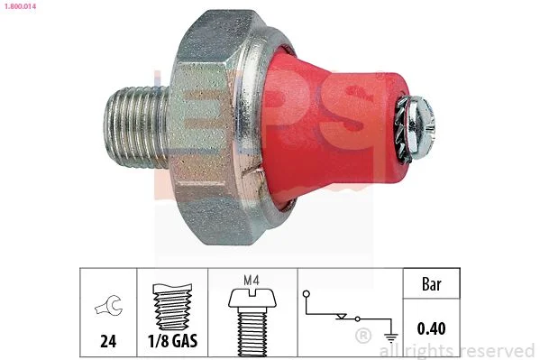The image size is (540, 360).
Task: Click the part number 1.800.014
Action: [x=20, y=5]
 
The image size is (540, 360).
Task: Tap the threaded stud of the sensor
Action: [x=137, y=126]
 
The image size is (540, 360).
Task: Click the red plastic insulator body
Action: [x=331, y=127]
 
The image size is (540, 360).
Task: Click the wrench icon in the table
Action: [x=109, y=305]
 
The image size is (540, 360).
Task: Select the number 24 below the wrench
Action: [x=108, y=341]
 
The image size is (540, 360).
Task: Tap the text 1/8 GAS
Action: [x=172, y=341]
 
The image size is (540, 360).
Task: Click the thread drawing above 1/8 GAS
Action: [x=172, y=307]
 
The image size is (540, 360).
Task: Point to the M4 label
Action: [x=252, y=280]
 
